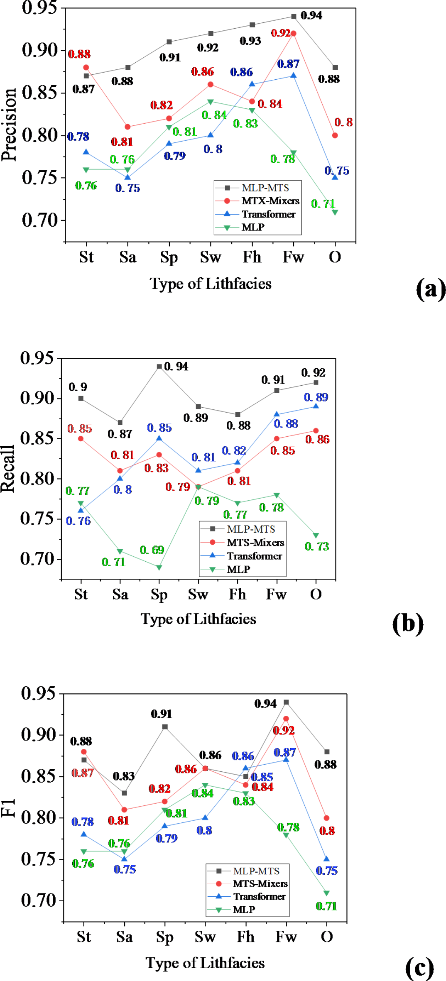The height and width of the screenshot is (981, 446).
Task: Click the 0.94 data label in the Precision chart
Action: (311, 16)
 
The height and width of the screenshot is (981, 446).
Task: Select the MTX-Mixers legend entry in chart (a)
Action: (270, 201)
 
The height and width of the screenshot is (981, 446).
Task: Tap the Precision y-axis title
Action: (9, 125)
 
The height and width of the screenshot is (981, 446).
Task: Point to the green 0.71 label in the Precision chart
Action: (323, 204)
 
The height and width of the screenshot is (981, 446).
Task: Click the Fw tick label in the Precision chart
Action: (293, 257)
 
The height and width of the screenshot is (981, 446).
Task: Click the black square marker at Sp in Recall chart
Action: (159, 367)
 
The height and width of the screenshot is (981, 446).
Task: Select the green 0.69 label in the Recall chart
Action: (152, 550)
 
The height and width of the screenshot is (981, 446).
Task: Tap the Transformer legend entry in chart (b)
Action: (254, 556)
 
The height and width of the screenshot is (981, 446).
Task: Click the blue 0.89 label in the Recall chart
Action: (316, 397)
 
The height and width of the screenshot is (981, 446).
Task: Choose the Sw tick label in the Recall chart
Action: (198, 594)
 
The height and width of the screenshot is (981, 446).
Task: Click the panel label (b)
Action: (408, 623)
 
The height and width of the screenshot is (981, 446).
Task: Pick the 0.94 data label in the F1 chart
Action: (265, 704)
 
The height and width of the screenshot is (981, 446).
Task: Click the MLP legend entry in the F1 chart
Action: (244, 910)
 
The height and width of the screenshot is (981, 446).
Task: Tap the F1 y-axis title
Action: (8, 807)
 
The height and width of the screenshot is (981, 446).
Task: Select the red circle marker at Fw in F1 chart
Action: (286, 719)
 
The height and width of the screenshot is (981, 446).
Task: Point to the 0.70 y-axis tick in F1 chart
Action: (38, 900)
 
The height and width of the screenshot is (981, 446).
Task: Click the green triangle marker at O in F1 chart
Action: (326, 893)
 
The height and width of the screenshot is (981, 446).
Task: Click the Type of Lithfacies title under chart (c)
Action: (205, 963)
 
